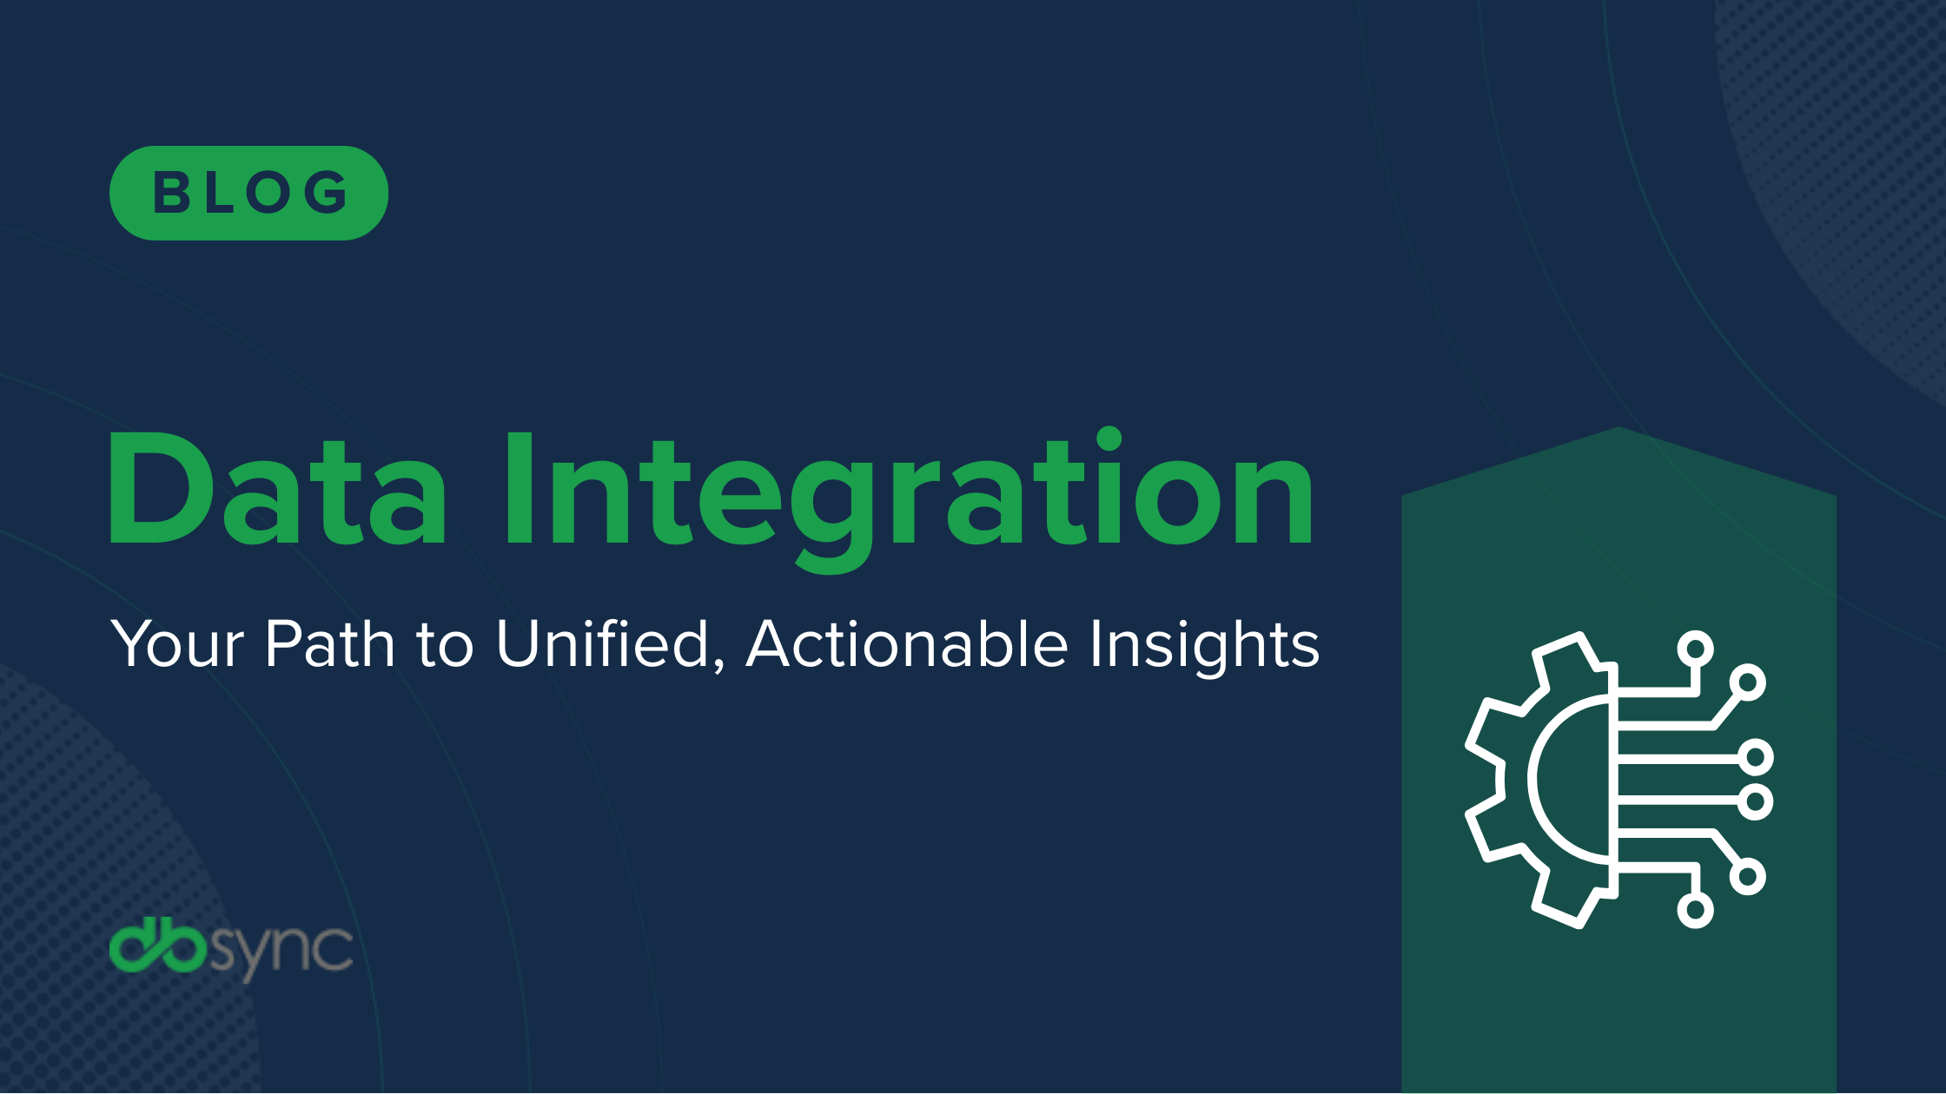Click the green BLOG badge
click(248, 193)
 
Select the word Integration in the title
click(908, 491)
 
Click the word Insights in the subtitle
click(1204, 645)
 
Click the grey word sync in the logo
click(281, 950)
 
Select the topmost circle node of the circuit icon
click(1695, 649)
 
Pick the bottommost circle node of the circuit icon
click(1695, 910)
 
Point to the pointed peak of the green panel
click(1618, 429)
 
